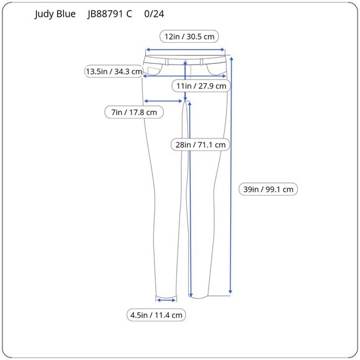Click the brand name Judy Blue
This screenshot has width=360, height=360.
tap(55, 14)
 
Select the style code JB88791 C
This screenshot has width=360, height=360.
tap(110, 14)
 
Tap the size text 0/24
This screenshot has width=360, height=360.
tap(154, 14)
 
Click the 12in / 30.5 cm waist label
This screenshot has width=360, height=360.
tap(189, 36)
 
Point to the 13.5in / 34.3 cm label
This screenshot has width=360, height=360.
tap(114, 71)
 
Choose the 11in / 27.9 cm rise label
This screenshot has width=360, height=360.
tap(201, 86)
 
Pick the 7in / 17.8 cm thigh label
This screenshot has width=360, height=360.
tap(134, 112)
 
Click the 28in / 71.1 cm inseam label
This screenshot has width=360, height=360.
tap(200, 145)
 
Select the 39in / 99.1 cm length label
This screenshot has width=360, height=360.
tap(268, 189)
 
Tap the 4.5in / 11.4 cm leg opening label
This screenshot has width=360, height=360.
tap(156, 315)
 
